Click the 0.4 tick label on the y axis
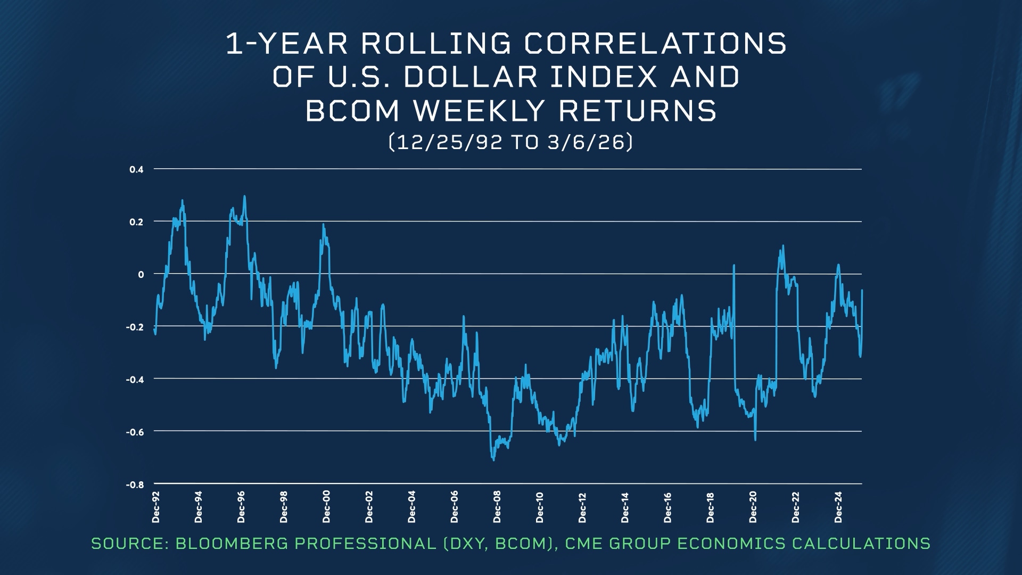[136, 170]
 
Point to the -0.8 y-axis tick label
[135, 485]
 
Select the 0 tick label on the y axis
[141, 275]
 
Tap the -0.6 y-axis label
[135, 432]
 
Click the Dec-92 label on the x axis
[156, 507]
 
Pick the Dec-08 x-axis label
[497, 507]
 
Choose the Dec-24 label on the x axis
[838, 507]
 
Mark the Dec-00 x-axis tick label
[326, 507]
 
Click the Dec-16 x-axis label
[667, 507]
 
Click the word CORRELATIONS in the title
[655, 44]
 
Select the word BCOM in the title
[352, 111]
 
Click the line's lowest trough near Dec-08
[493, 460]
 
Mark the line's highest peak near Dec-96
[244, 196]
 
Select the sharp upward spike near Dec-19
[734, 265]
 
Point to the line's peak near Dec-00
[323, 225]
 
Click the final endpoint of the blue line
[862, 290]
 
